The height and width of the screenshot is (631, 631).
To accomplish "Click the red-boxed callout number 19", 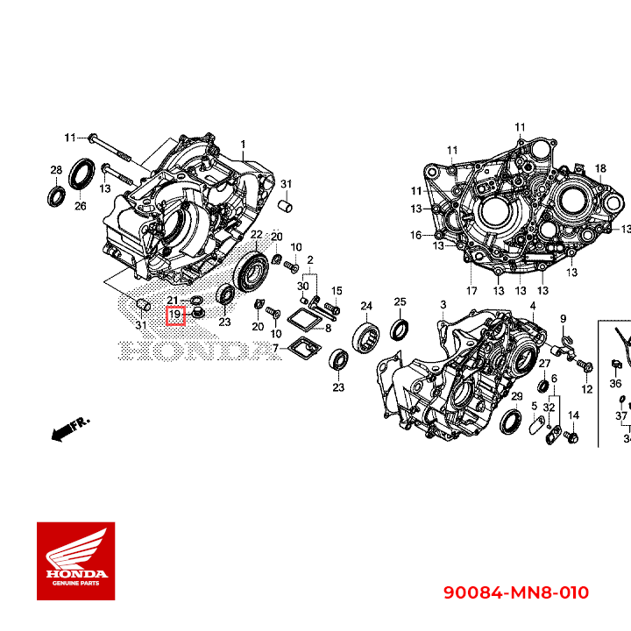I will (175, 314).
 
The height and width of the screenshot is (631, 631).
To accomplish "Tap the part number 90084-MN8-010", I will (514, 593).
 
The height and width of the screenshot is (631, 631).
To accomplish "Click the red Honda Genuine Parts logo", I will (75, 561).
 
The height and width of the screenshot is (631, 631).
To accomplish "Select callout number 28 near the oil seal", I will (55, 170).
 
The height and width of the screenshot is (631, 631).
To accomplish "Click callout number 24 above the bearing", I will (366, 306).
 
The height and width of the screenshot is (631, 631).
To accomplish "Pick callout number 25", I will (400, 302).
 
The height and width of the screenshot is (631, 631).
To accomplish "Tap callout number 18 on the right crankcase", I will (600, 168).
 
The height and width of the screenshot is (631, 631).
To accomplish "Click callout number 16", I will (416, 235).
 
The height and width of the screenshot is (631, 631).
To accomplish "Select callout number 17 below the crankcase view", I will (471, 291).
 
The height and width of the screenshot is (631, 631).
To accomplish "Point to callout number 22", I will (256, 235).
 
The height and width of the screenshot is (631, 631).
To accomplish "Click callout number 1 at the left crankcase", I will (244, 144).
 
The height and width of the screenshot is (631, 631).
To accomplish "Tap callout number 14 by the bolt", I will (574, 415).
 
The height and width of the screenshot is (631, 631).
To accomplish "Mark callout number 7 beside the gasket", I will (275, 349).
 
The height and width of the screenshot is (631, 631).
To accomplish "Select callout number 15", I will (336, 290).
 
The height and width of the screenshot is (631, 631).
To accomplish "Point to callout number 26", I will (80, 207).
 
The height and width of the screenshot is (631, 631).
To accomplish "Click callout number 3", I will (443, 304).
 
